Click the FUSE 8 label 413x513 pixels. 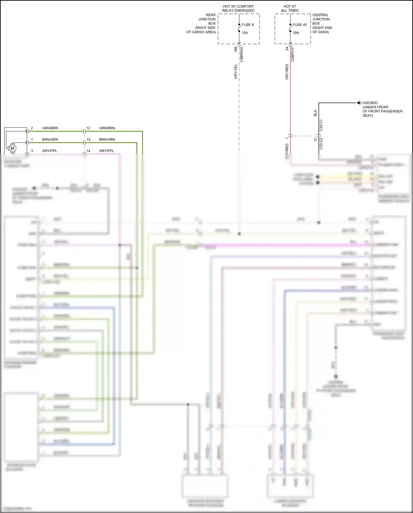(x=247, y=25)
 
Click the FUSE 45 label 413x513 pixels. (x=300, y=25)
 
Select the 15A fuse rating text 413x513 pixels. (x=244, y=33)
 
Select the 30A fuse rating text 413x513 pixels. (x=296, y=33)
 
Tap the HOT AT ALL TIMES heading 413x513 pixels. (x=290, y=9)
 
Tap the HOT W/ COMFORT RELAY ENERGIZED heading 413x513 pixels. (x=238, y=9)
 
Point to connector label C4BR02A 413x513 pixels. (x=241, y=54)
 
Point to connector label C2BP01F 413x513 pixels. (x=293, y=54)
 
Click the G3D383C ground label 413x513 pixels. (x=370, y=103)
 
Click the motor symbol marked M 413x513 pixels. (x=12, y=148)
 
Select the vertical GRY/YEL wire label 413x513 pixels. (x=236, y=72)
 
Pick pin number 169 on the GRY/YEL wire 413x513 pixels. (x=236, y=49)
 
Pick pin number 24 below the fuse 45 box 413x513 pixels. (x=287, y=49)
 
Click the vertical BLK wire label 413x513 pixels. (x=315, y=113)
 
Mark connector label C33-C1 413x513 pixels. (x=321, y=125)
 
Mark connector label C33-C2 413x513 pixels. (x=321, y=144)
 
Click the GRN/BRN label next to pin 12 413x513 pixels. (x=107, y=128)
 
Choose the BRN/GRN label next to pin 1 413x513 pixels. (x=50, y=139)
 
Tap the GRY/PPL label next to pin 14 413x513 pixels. (x=106, y=151)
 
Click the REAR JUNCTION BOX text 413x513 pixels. (x=207, y=19)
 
